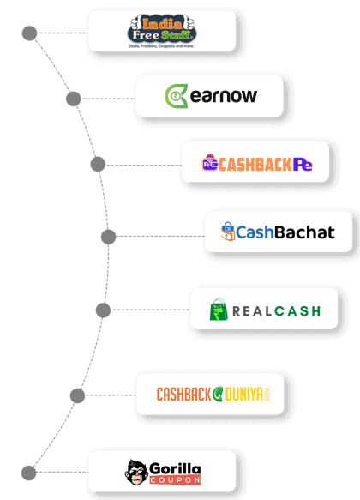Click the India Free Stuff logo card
pos(161,31)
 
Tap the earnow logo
pos(209,95)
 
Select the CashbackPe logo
pos(255,161)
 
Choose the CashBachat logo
pos(278,231)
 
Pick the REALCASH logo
pos(264,309)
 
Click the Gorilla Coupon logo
pos(161,471)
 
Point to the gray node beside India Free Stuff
pos(29,33)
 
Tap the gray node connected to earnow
pos(74,99)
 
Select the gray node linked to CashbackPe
pos(98,164)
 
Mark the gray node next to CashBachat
pos(108,236)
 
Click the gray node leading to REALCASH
pos(104,310)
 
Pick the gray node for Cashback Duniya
pos(77,395)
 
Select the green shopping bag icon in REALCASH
pos(219,309)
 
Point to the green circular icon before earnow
pos(175,95)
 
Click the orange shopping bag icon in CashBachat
pos(228,231)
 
